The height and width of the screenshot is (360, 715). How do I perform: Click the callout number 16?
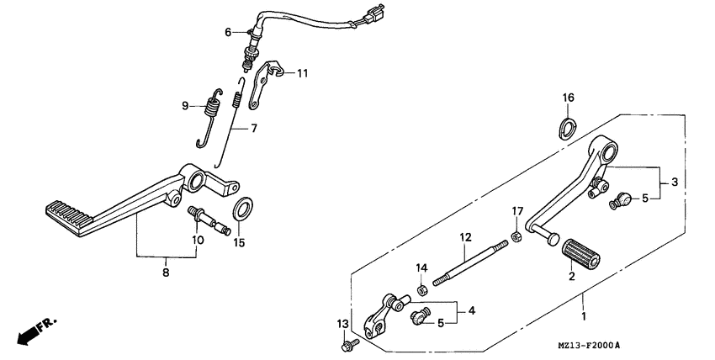569,98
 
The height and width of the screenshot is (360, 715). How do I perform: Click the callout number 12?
463,238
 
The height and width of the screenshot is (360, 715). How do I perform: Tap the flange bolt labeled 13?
347,344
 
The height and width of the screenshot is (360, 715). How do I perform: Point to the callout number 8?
166,273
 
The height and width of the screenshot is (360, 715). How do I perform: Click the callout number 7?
253,129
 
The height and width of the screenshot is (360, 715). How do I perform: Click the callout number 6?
227,32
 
